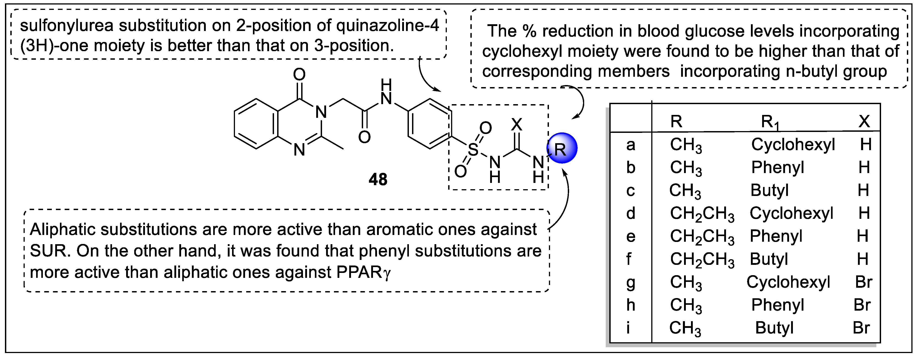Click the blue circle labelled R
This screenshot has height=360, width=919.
(562, 148)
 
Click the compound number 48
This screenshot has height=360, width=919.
(378, 179)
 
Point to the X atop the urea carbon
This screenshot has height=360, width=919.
(517, 125)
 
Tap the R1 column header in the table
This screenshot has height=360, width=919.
(770, 122)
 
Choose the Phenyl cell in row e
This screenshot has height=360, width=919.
(776, 236)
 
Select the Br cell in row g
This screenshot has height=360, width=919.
(863, 282)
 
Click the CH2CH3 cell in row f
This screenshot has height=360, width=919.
(702, 259)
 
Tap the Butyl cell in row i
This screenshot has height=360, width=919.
(774, 328)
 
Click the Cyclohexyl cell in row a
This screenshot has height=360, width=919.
(793, 145)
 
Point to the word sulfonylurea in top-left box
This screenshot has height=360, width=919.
(67, 26)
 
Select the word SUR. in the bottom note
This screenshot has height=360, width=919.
(50, 251)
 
